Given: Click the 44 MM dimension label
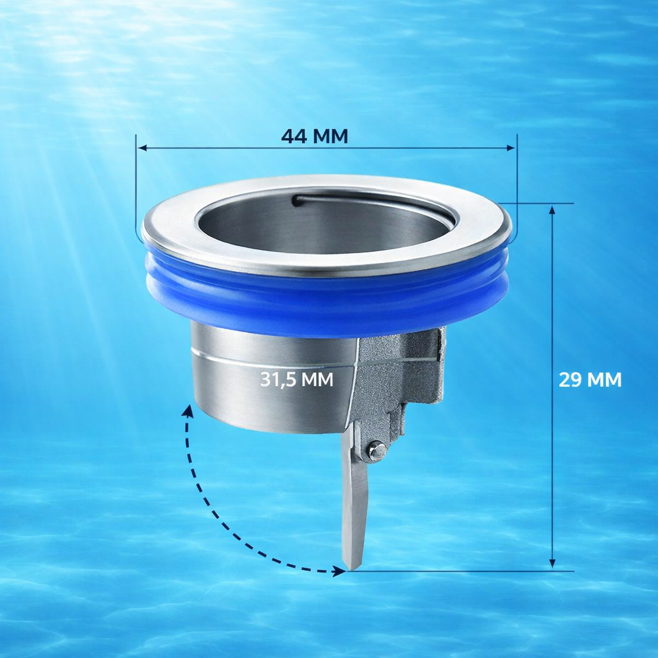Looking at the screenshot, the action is (314, 136).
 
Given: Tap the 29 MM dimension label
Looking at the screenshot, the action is (590, 380).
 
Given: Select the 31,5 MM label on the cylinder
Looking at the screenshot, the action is (297, 379).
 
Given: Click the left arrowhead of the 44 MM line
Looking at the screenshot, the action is (142, 148).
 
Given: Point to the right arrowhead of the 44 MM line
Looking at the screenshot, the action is (511, 148).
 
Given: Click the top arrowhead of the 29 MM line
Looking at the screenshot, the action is (552, 209).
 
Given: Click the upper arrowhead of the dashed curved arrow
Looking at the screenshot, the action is (188, 411).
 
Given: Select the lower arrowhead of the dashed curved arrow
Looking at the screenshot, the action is (339, 571).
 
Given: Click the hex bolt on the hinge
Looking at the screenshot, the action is (376, 450).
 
